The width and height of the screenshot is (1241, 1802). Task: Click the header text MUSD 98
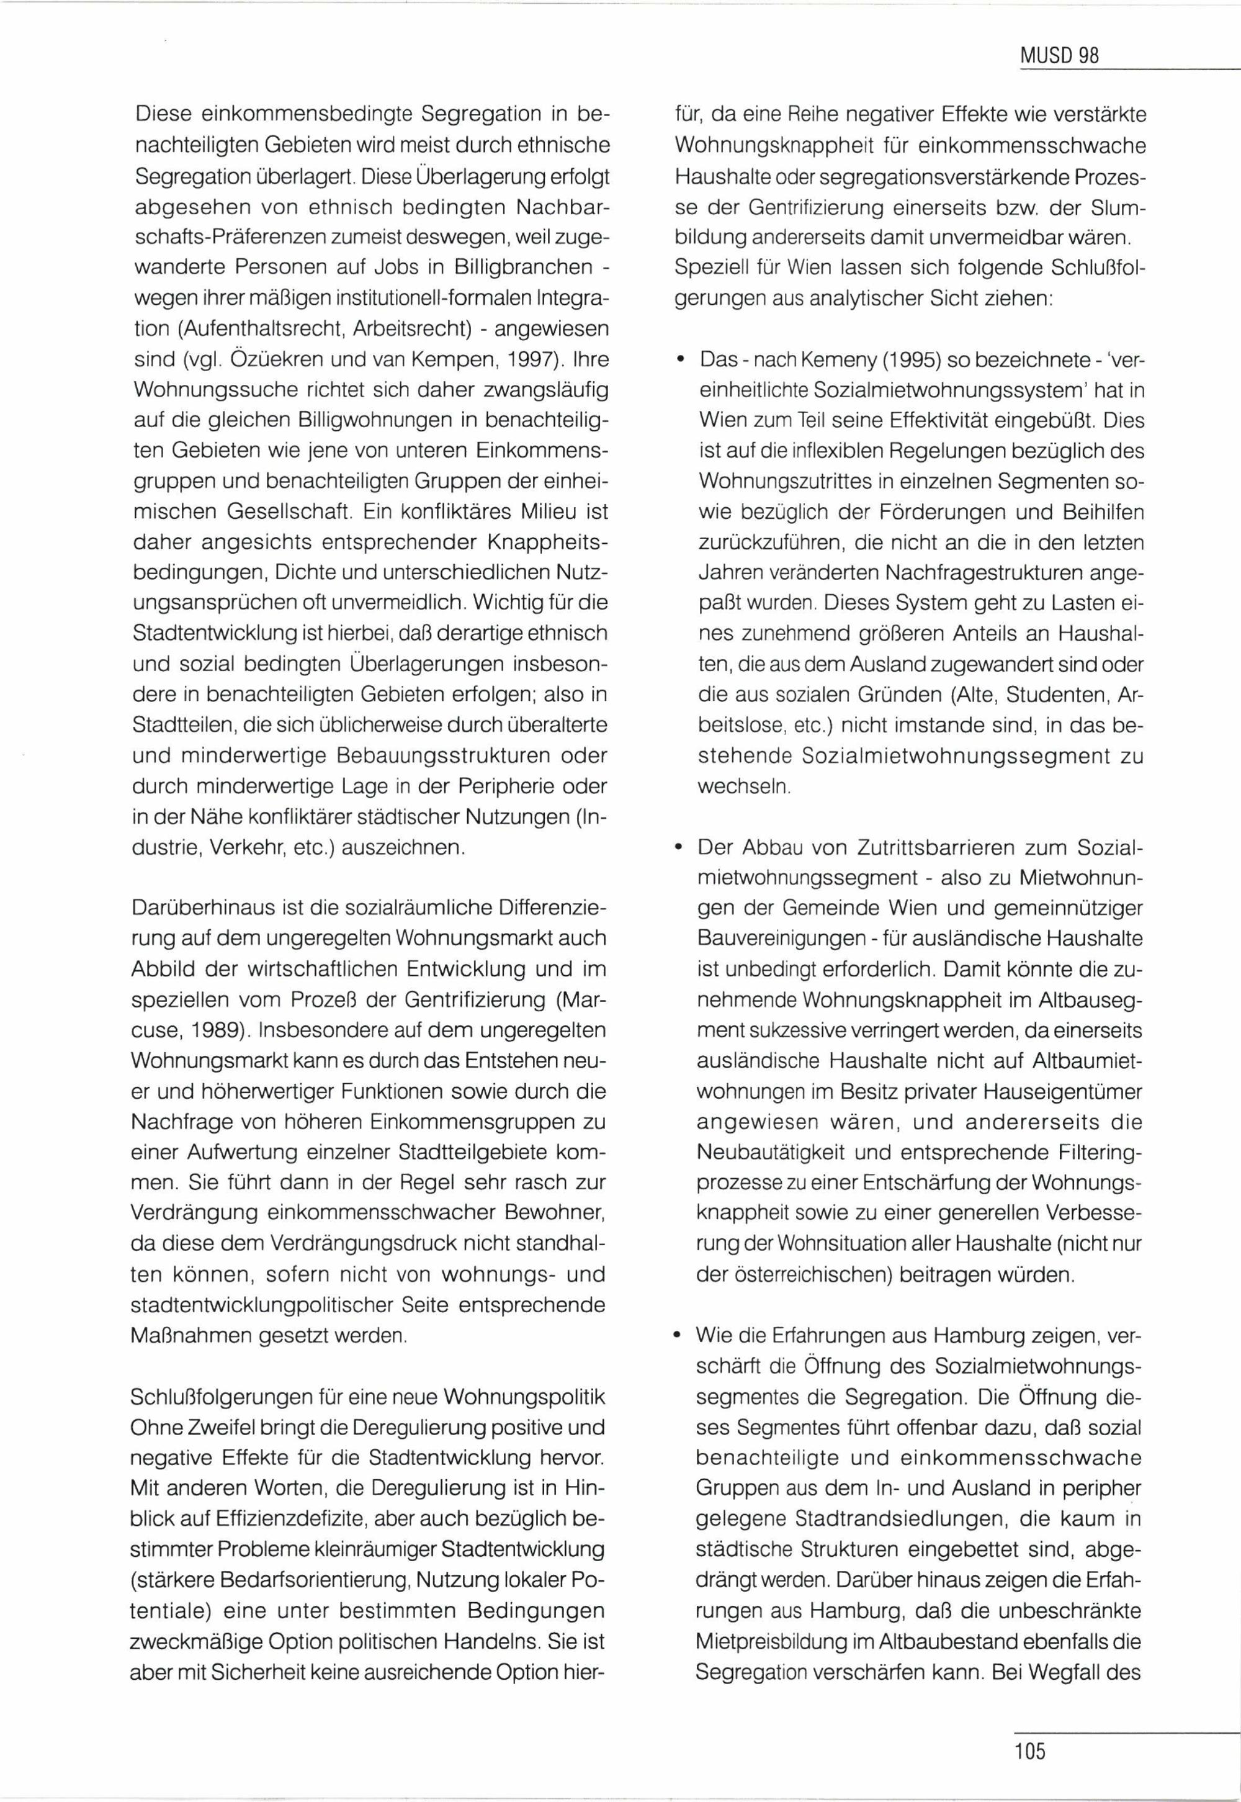pos(1059,56)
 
